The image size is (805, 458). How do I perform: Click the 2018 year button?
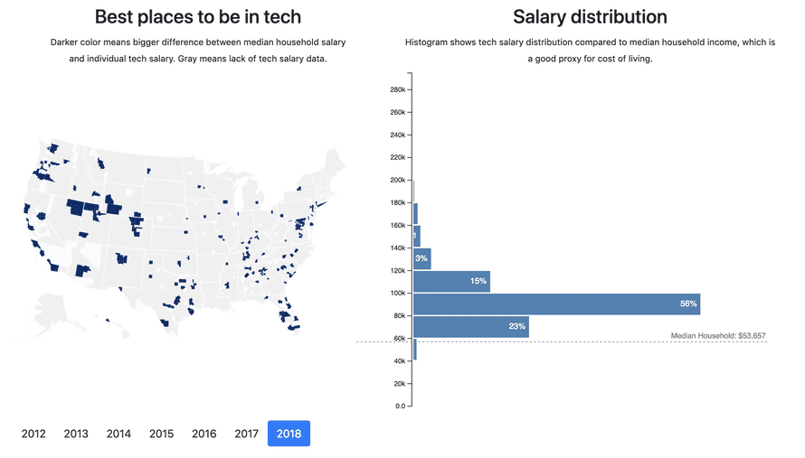(289, 434)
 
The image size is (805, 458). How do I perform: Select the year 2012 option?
(33, 434)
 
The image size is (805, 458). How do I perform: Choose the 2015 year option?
(161, 434)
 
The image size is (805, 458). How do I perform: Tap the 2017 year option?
(246, 434)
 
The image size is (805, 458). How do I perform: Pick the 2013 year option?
(76, 434)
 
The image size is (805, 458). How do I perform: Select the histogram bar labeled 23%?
(471, 327)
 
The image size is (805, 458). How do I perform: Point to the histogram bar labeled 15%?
(452, 282)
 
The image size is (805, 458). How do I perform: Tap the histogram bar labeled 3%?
(422, 259)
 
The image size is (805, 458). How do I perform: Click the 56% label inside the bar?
(688, 304)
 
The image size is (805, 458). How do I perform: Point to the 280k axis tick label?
(396, 90)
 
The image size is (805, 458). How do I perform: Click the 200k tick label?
(396, 181)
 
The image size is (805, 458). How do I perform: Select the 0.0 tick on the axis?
(399, 407)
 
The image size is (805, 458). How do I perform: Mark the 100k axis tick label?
(396, 294)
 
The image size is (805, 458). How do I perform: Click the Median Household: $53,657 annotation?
(717, 336)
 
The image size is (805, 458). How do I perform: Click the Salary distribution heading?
(590, 16)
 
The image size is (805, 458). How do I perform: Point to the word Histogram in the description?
(427, 42)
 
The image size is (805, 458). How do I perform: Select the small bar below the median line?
(415, 350)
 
